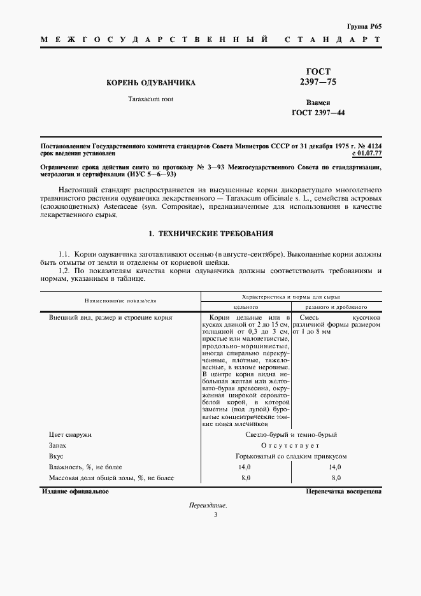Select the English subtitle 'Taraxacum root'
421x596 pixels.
click(x=150, y=99)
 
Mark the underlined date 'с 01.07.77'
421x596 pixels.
click(x=366, y=153)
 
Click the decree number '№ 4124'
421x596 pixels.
click(x=368, y=146)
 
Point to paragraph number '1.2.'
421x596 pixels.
click(x=66, y=271)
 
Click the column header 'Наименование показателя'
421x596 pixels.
click(x=121, y=299)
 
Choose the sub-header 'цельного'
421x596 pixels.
click(x=246, y=306)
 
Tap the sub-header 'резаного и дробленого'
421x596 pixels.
click(x=336, y=306)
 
